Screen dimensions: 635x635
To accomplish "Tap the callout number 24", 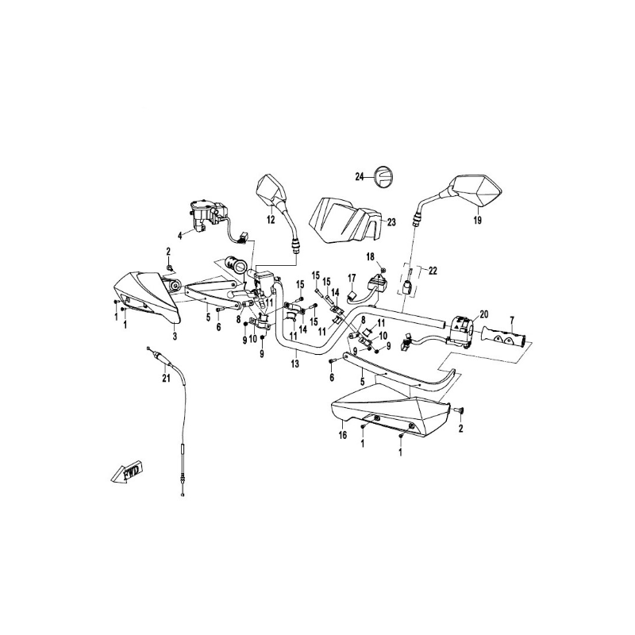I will tap(359, 177).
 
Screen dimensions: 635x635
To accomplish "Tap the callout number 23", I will tap(391, 223).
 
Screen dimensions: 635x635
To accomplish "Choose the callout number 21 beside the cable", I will tap(166, 378).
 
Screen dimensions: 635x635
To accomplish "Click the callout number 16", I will tap(343, 435).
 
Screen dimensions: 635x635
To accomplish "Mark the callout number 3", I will tap(175, 337).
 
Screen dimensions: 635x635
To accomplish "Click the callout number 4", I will tap(180, 236).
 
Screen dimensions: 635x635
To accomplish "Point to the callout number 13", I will tap(295, 364).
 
